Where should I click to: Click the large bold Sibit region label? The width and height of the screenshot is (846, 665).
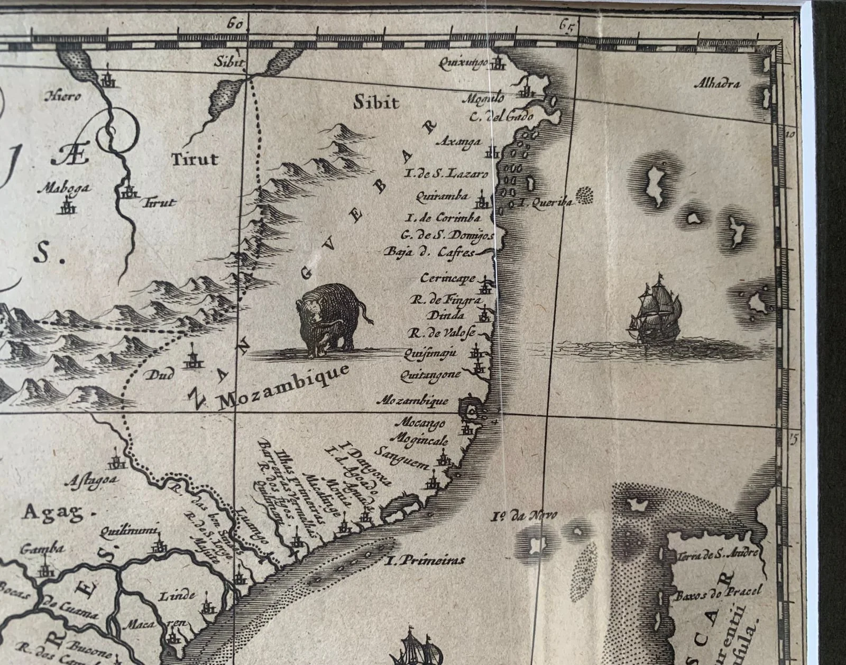point(376,102)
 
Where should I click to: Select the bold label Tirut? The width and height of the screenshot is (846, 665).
point(195,158)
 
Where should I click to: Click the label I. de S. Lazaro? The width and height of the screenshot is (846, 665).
point(446,173)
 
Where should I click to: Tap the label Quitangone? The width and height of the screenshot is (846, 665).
point(431,374)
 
